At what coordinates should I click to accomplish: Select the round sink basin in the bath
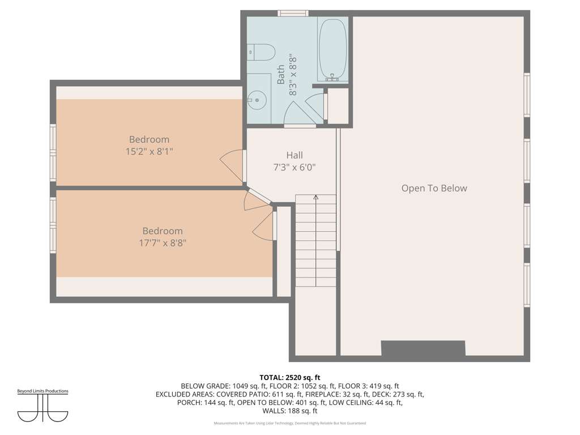click(257, 100)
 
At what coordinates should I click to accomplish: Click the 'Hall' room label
click(295, 155)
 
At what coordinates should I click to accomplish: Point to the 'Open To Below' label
click(434, 188)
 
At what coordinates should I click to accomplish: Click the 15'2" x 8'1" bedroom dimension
click(150, 151)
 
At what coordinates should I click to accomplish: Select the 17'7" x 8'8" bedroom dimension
click(163, 243)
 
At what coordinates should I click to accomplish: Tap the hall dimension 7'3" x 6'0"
click(295, 168)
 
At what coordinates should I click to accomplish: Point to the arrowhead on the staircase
click(315, 198)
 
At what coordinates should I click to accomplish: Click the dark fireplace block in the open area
click(423, 348)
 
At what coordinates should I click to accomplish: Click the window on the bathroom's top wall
click(293, 14)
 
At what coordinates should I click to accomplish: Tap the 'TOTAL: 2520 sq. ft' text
click(289, 378)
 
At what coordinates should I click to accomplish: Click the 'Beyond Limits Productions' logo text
click(43, 391)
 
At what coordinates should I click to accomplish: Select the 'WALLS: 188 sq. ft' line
click(289, 411)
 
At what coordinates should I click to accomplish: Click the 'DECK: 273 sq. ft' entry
click(398, 394)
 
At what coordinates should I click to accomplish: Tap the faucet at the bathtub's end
click(332, 77)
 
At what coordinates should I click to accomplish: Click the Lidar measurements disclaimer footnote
click(289, 423)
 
